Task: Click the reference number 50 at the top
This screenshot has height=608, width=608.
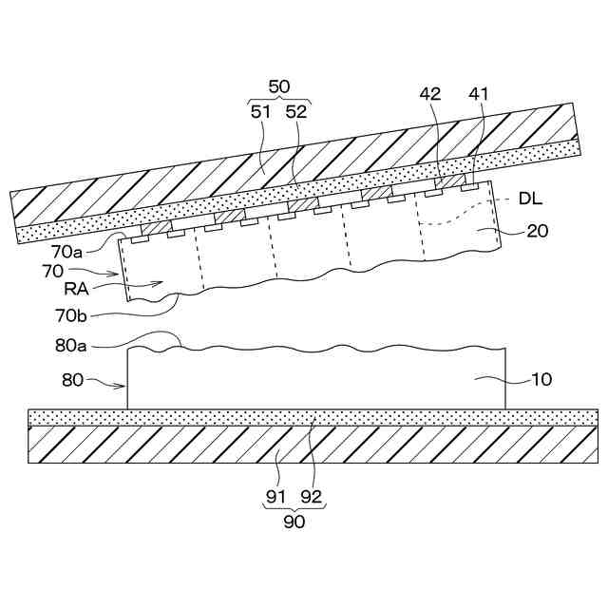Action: (279, 86)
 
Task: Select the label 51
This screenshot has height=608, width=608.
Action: (261, 111)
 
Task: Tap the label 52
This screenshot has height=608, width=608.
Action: (296, 111)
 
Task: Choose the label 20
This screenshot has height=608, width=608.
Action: (537, 230)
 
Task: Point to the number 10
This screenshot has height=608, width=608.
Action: (540, 380)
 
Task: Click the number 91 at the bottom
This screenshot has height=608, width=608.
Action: (276, 495)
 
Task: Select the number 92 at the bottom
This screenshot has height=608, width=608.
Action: (312, 495)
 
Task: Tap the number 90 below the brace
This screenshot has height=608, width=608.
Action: (294, 522)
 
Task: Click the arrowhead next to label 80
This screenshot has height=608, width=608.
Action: (124, 386)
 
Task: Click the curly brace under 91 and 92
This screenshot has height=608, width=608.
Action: (294, 507)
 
